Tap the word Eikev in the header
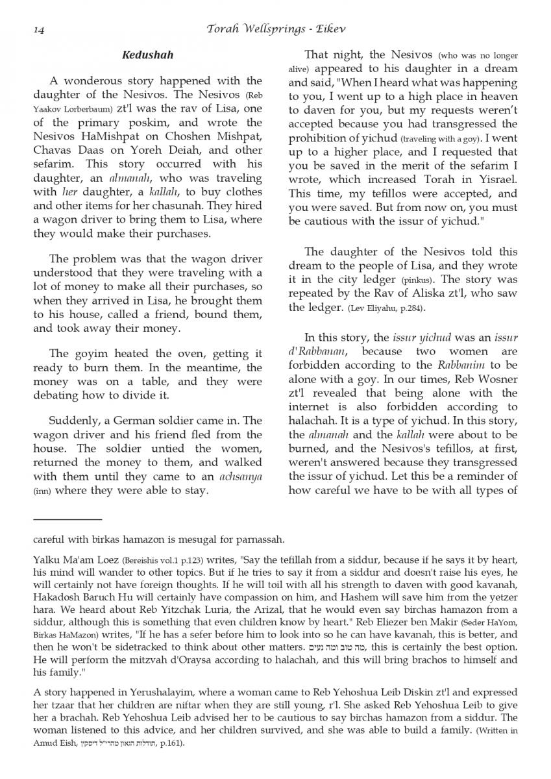point(332,29)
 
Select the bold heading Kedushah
point(147,55)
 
